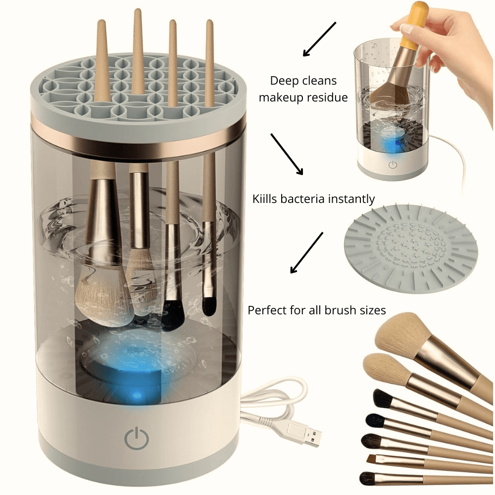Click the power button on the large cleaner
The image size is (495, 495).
(136, 437)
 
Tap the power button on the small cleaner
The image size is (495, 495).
(393, 165)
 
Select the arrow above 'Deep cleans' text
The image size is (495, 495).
(319, 39)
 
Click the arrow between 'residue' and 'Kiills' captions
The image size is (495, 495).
(287, 153)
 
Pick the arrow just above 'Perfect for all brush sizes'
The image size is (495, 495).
(306, 252)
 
